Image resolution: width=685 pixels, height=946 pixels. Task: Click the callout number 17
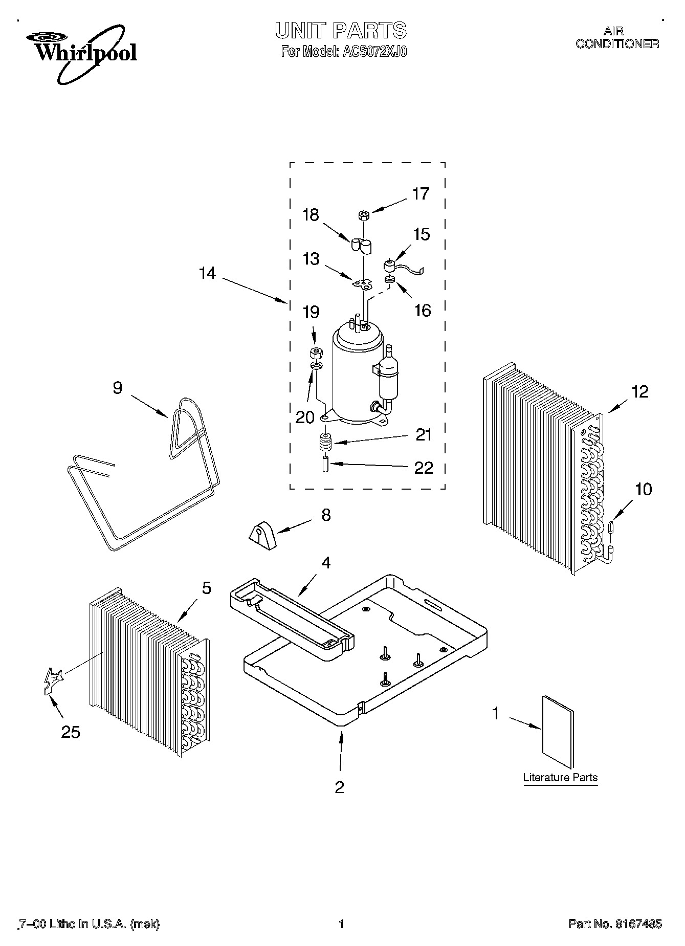click(x=421, y=194)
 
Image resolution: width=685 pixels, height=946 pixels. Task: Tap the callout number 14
click(x=207, y=274)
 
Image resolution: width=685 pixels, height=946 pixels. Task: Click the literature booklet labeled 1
click(x=558, y=732)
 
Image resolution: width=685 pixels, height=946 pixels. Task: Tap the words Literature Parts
click(x=560, y=778)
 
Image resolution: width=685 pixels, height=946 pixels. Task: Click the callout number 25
click(x=71, y=733)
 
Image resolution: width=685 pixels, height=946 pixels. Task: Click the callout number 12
click(x=639, y=392)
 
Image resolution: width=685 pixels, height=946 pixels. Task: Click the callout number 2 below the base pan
click(x=339, y=787)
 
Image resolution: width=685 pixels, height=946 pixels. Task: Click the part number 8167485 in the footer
click(x=637, y=924)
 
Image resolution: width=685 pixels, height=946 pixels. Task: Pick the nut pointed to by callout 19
click(x=316, y=353)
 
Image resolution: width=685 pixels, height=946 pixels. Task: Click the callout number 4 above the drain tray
click(x=325, y=563)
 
